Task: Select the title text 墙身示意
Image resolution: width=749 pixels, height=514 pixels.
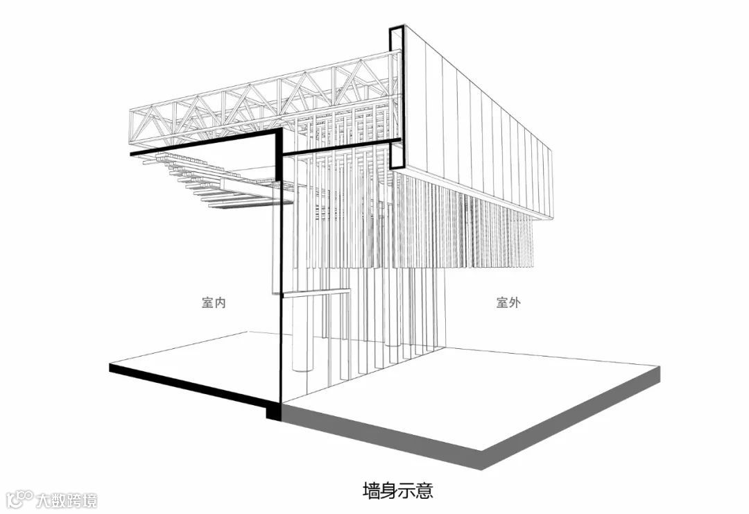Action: (398, 491)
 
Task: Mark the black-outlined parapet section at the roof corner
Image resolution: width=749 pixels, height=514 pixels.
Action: (395, 97)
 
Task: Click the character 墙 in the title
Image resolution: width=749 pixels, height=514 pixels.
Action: (372, 491)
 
